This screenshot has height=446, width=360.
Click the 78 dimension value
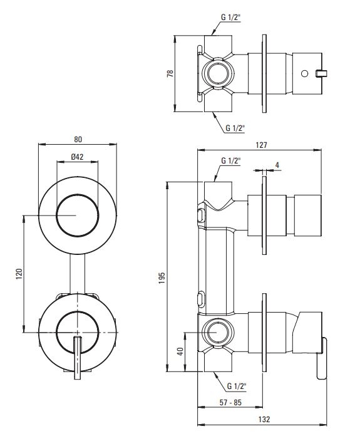click(170, 73)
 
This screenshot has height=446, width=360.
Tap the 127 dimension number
click(261, 145)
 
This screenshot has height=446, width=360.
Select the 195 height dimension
click(162, 277)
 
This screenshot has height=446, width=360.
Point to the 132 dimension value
click(264, 419)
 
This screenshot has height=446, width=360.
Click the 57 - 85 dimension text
click(230, 403)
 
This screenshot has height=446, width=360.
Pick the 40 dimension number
click(180, 351)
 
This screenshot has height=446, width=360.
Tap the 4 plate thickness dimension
click(277, 165)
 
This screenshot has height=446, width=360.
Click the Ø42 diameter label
click(78, 157)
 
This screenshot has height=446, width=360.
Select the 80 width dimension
click(78, 139)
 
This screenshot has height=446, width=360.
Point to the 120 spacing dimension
click(19, 274)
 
